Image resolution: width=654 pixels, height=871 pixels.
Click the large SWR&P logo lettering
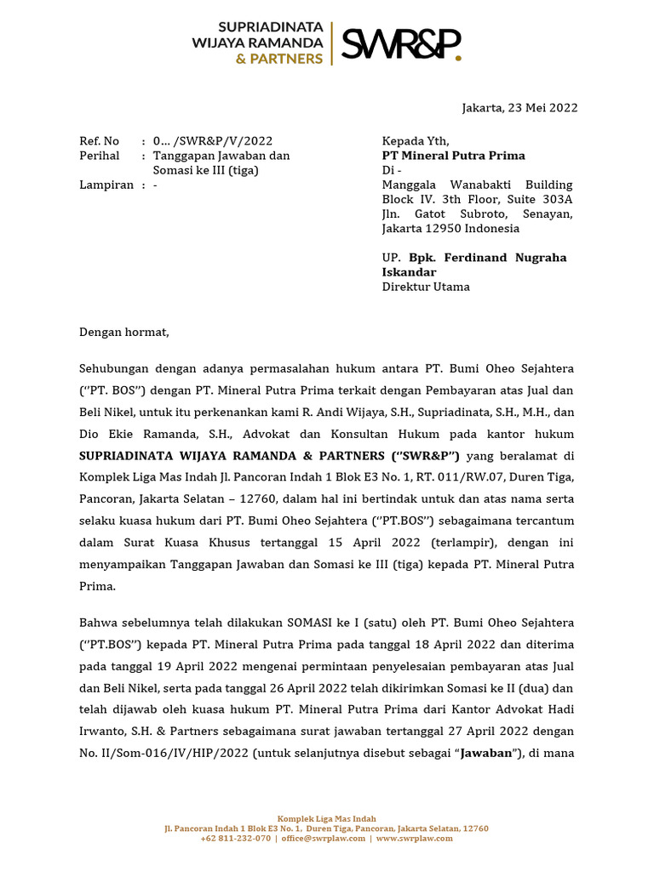[401, 43]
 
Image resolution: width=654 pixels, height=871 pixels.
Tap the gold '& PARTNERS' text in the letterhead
[279, 59]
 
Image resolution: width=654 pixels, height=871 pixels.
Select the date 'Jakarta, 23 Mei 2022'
[519, 107]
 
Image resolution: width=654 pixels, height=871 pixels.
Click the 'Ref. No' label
[99, 141]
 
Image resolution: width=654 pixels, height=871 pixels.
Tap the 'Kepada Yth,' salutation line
[415, 141]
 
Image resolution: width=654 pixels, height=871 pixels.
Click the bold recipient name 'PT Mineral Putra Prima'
[453, 156]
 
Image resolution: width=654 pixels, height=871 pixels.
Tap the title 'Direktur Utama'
[425, 287]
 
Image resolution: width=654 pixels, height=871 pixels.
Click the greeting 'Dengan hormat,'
[124, 332]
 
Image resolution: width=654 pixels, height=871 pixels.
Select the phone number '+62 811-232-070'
[236, 838]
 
